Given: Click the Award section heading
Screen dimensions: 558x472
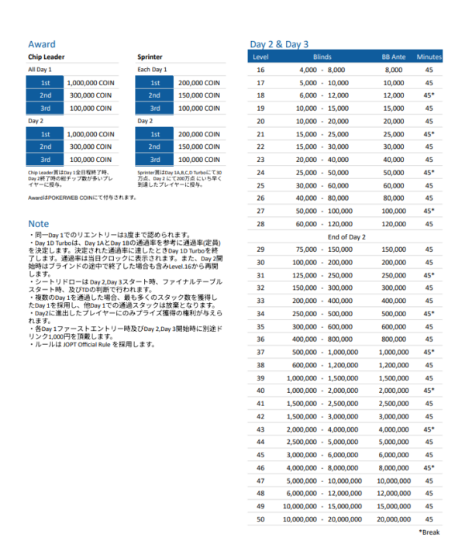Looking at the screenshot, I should (41, 44).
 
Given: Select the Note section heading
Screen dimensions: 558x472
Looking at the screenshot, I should (38, 223).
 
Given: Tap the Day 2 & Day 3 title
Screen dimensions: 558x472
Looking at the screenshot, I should (278, 44).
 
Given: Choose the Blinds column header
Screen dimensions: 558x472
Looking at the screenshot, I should (322, 57).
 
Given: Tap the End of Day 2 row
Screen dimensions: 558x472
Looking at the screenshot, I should (346, 236).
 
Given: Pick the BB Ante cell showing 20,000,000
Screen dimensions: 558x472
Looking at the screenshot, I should (393, 518).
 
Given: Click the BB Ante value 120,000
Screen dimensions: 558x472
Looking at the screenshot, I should (393, 223).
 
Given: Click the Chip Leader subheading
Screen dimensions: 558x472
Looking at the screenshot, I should (46, 57).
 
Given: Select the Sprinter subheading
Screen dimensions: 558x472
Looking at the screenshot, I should (150, 57).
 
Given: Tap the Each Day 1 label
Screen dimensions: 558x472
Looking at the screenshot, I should (153, 70).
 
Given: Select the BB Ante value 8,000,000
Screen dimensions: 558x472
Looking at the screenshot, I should (393, 467).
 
